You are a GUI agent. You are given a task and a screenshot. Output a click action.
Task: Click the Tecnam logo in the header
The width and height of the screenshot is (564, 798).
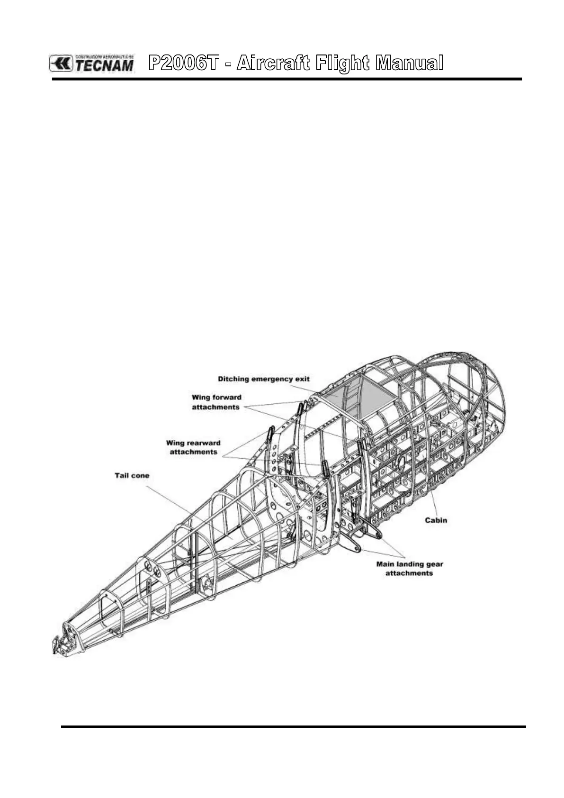pos(92,63)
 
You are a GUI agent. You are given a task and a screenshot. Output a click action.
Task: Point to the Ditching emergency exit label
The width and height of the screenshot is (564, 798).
pos(263,379)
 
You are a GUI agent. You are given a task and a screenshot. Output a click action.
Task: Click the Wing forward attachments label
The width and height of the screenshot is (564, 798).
pos(216,402)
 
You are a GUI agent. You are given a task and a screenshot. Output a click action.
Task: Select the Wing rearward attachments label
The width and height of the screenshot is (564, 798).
pos(193,448)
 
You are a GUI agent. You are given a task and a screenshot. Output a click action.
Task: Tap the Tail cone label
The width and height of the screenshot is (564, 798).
pos(132,475)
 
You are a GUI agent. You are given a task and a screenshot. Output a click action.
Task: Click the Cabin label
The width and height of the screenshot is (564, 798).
pos(436,520)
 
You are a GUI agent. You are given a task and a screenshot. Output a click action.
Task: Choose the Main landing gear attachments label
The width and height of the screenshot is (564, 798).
pos(410,569)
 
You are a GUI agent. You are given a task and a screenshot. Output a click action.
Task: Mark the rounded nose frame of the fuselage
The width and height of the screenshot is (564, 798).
pos(492,393)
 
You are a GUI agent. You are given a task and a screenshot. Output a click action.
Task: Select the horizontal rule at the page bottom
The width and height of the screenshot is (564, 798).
pos(294,726)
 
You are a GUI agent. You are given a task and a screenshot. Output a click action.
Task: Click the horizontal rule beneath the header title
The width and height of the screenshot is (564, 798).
pos(286,79)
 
